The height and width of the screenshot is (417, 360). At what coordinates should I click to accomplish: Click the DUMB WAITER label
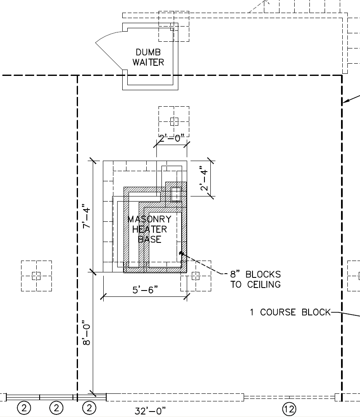(x=148, y=57)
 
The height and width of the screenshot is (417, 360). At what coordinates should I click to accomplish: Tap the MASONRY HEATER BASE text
(x=150, y=229)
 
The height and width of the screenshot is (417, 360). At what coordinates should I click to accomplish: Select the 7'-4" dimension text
(x=86, y=216)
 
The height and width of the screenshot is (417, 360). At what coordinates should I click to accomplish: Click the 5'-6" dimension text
(x=145, y=290)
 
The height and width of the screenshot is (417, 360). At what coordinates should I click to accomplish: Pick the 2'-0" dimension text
(x=172, y=138)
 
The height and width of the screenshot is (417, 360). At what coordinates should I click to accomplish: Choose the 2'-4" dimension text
(x=204, y=178)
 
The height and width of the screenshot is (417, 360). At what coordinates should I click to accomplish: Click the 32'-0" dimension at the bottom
(x=150, y=411)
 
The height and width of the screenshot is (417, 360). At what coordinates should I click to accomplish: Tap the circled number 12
(x=289, y=409)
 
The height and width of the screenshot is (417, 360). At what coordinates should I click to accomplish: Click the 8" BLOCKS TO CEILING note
(x=255, y=279)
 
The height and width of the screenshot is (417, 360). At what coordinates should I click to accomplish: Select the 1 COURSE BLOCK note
(x=290, y=312)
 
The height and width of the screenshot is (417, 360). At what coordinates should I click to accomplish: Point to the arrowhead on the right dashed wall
(x=345, y=101)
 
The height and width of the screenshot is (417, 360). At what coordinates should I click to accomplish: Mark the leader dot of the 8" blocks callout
(x=181, y=253)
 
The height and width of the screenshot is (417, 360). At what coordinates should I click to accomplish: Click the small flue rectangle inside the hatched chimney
(x=176, y=194)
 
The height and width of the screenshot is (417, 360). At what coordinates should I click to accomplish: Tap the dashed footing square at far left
(x=36, y=276)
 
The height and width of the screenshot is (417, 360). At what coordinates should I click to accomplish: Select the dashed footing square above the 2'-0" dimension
(x=174, y=121)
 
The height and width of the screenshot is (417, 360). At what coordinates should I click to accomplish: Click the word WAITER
(x=148, y=62)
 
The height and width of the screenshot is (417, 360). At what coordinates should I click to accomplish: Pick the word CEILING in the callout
(x=264, y=285)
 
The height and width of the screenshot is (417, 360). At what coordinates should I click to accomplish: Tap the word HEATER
(x=150, y=229)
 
